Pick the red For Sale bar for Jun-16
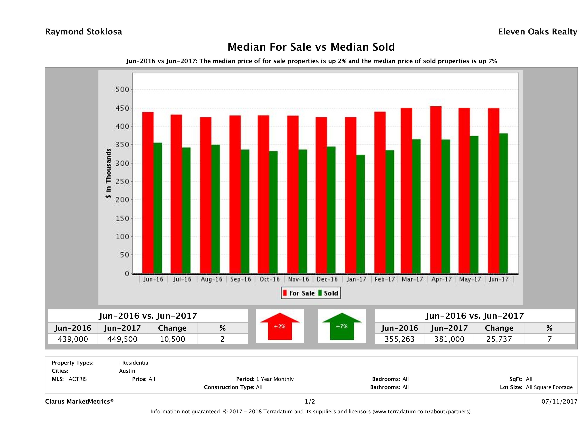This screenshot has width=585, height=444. [148, 192]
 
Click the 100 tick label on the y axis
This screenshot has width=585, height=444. [122, 237]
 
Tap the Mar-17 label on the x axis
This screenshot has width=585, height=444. [412, 279]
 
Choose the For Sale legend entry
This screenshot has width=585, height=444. [299, 293]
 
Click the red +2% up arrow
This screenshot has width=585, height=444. [280, 326]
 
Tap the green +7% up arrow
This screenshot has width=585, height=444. [342, 326]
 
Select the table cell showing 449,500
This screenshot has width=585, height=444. [122, 339]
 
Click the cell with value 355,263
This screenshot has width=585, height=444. [399, 339]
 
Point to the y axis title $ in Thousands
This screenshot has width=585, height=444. [108, 174]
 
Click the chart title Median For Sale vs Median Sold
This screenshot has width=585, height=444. [311, 47]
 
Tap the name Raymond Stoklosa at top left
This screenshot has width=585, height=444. [84, 32]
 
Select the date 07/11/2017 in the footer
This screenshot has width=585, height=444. [559, 401]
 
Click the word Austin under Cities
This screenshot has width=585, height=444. [127, 371]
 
